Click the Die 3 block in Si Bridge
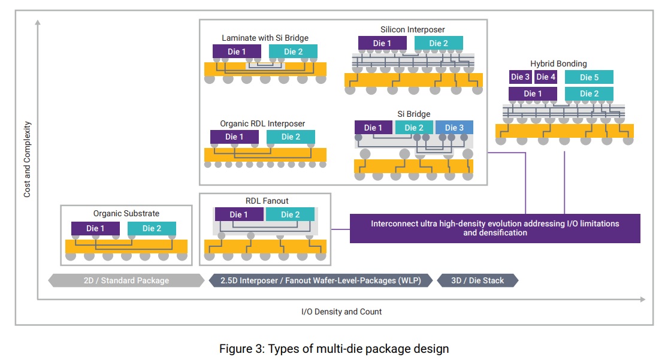(454, 128)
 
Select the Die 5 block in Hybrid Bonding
(589, 77)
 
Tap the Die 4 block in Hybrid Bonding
(545, 77)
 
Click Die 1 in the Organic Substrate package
(95, 228)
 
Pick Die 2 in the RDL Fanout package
(291, 214)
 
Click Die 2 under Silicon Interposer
(439, 43)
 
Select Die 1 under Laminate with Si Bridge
(237, 52)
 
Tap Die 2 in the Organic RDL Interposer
(291, 137)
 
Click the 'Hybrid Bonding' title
(558, 63)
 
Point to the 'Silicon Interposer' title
(412, 29)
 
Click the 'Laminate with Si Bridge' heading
(265, 38)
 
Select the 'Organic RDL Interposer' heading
(262, 123)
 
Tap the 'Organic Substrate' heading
(126, 213)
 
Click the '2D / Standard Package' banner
(126, 280)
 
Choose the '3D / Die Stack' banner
(477, 280)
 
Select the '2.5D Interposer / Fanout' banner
(320, 280)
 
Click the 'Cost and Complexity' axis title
(27, 160)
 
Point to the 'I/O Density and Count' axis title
(341, 311)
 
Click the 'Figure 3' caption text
(334, 349)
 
